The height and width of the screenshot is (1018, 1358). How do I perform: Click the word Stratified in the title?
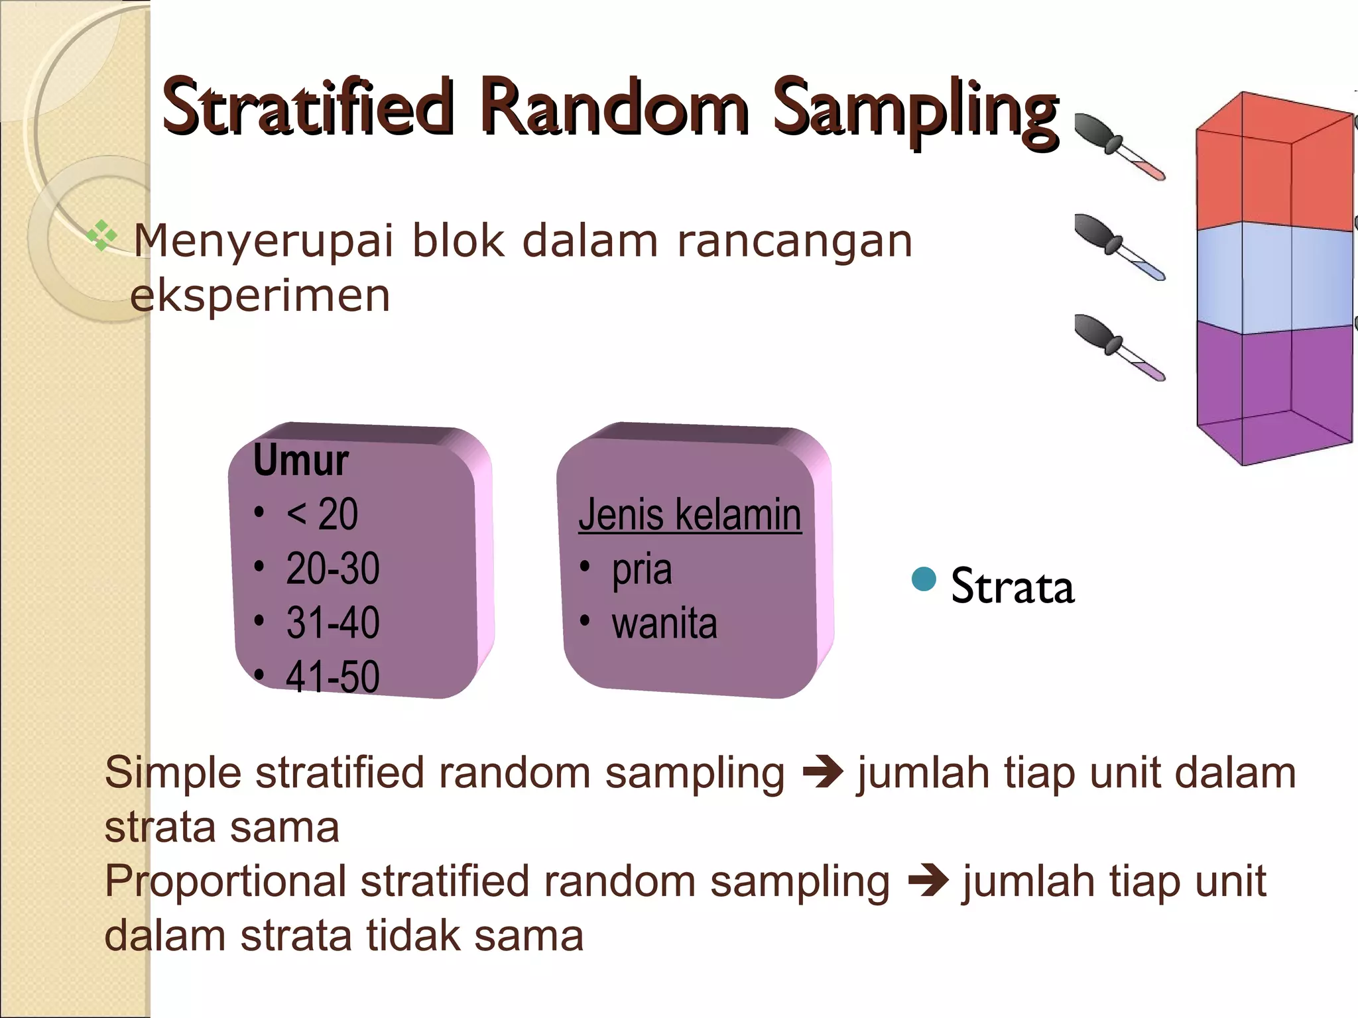(308, 107)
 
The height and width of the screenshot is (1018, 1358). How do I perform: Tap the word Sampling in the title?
(915, 109)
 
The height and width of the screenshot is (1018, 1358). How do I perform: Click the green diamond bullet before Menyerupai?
(101, 235)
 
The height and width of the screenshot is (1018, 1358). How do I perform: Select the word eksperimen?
(260, 296)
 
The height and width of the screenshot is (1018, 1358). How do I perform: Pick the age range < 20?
(322, 514)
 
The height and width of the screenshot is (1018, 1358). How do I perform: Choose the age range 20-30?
(332, 568)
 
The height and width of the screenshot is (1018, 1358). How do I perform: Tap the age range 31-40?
(332, 622)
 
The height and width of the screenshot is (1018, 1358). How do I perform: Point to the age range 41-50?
(332, 677)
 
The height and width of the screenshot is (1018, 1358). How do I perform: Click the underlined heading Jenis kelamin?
(690, 514)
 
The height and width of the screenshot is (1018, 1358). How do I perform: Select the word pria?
(641, 569)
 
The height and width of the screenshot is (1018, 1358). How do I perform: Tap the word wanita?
(664, 624)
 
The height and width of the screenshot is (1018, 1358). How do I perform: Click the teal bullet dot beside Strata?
(924, 579)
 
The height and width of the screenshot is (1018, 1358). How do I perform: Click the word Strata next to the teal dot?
(1013, 587)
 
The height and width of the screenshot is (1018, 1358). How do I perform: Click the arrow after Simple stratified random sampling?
(822, 773)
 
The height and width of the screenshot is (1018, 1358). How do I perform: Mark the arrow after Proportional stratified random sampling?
(928, 881)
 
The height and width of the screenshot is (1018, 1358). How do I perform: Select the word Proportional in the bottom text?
(225, 881)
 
